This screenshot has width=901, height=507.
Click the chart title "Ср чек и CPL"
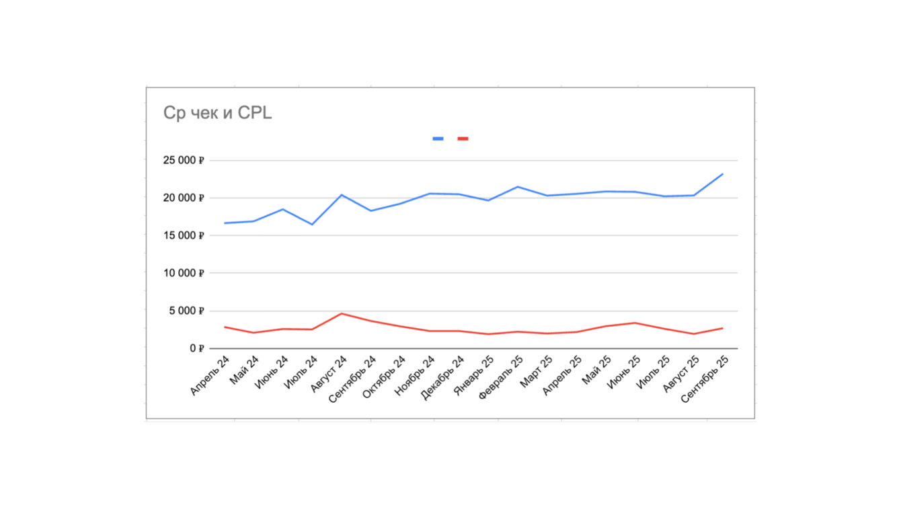217,113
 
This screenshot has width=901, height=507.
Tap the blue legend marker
438,139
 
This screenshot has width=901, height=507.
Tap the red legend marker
463,139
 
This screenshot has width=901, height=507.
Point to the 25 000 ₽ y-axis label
182,161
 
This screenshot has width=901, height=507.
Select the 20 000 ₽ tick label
182,198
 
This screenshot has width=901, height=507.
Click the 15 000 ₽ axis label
182,236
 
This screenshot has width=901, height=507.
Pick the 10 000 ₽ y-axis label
182,274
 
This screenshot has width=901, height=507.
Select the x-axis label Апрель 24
210,376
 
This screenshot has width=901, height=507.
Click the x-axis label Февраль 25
502,378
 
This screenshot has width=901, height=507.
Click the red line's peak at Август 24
342,313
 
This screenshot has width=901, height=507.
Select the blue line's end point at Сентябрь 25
723,174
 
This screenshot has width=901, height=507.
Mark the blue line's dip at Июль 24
312,225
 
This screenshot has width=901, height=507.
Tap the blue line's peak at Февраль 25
517,187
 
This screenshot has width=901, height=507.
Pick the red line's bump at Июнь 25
635,323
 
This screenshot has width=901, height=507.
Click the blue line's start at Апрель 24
225,223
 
